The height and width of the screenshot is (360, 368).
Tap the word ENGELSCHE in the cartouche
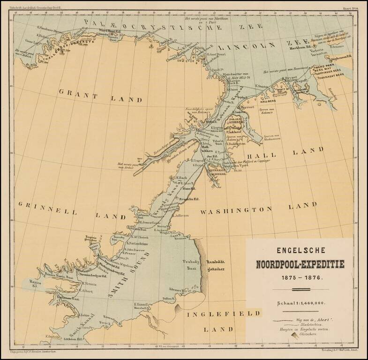point(300,251)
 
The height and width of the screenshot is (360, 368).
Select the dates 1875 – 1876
point(300,277)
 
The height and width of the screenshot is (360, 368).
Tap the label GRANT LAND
point(100,95)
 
